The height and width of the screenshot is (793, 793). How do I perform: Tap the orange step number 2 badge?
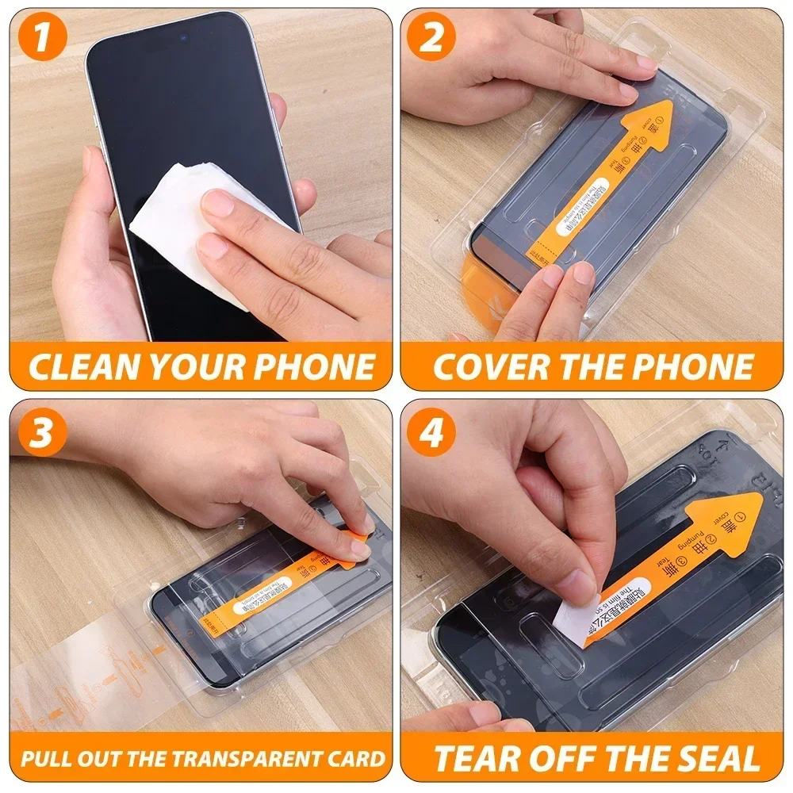(x=431, y=38)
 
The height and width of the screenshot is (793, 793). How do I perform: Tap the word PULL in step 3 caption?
(x=44, y=757)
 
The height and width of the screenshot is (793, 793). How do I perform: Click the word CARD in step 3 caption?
(x=356, y=757)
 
